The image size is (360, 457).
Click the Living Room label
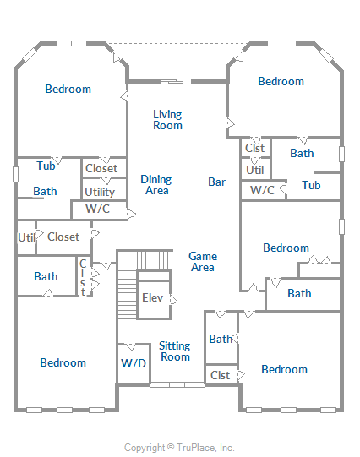167,120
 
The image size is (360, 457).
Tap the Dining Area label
156,185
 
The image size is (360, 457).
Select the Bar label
217,182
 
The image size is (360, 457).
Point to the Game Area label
203,262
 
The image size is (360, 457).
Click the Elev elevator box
154,300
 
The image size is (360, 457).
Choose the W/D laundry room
134,363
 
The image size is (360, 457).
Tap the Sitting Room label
175,351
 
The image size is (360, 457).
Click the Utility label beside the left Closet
100,192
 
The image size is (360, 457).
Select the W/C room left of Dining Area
99,209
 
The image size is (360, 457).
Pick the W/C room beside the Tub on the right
263,190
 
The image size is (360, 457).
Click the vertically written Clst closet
84,276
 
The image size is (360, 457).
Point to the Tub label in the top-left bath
46,166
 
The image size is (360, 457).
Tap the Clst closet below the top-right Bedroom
255,148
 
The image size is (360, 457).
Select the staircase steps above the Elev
153,260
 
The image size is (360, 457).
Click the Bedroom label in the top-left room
68,89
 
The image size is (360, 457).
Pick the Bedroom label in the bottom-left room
63,362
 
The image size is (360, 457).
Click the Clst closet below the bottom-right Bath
221,375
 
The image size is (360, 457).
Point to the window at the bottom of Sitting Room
177,385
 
